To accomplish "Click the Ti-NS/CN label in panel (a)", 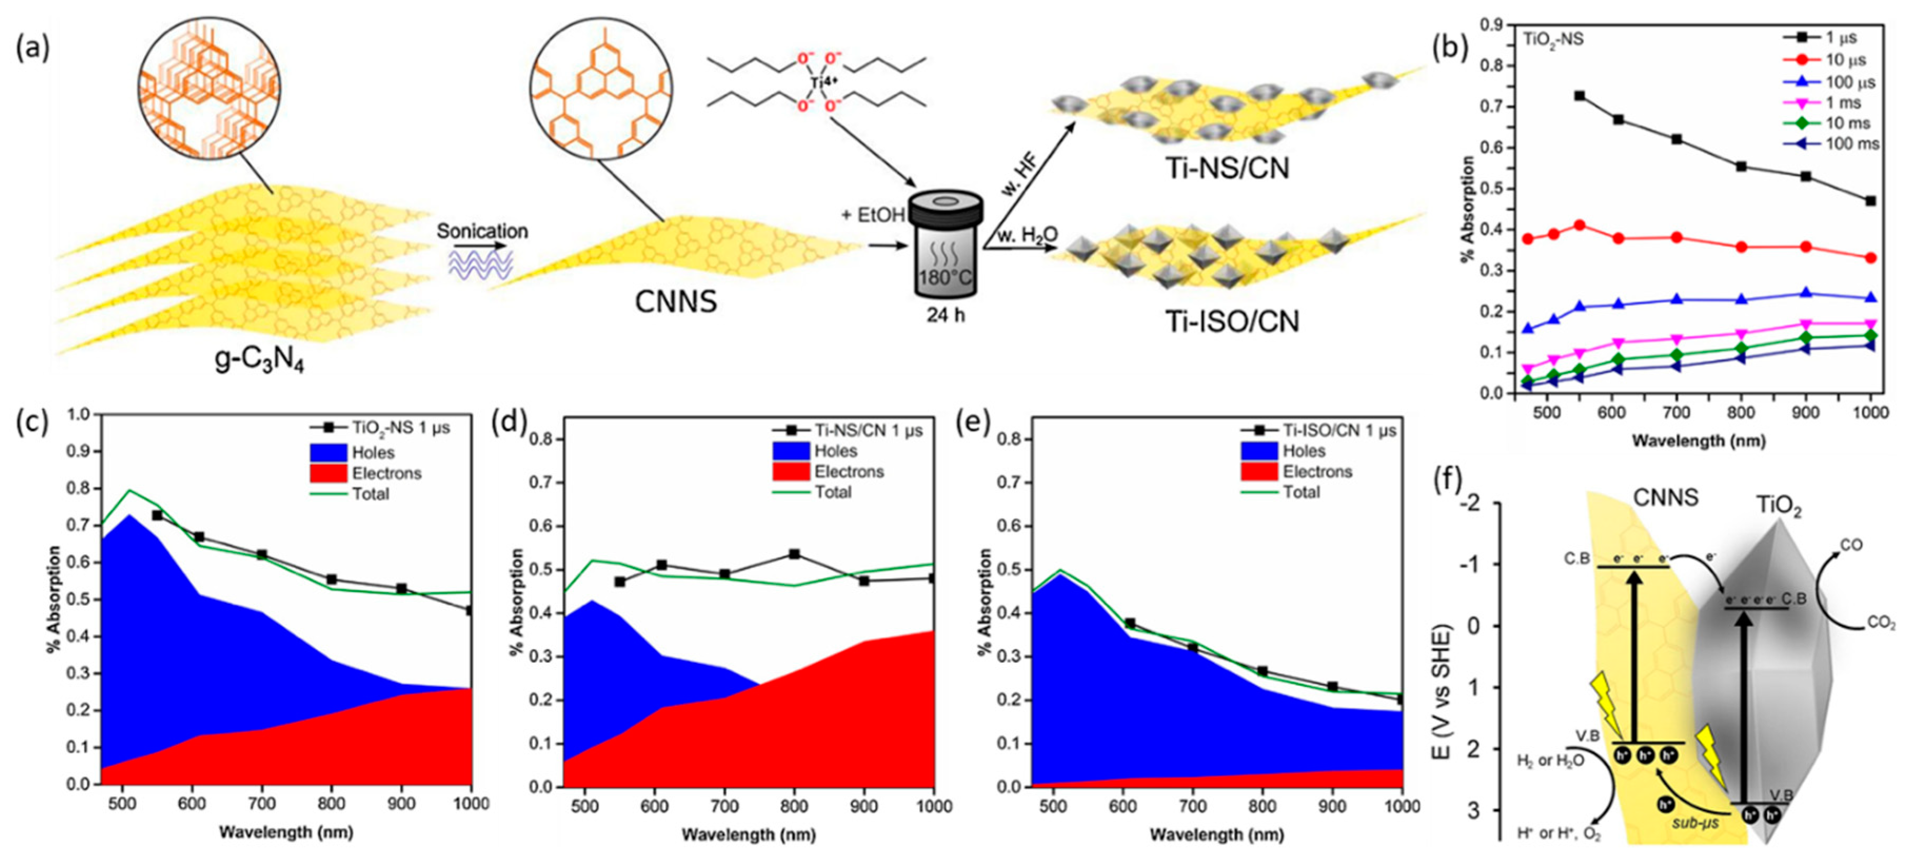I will (x=1227, y=168).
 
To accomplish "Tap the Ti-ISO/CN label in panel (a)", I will (x=1231, y=322).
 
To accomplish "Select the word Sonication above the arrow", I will (x=482, y=231).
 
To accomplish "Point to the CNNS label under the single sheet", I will (x=675, y=302).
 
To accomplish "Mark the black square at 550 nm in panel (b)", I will (x=1580, y=96).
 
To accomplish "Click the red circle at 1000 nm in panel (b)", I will (x=1871, y=258).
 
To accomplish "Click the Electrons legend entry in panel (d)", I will (x=848, y=472).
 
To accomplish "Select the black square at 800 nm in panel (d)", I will (x=794, y=554).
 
